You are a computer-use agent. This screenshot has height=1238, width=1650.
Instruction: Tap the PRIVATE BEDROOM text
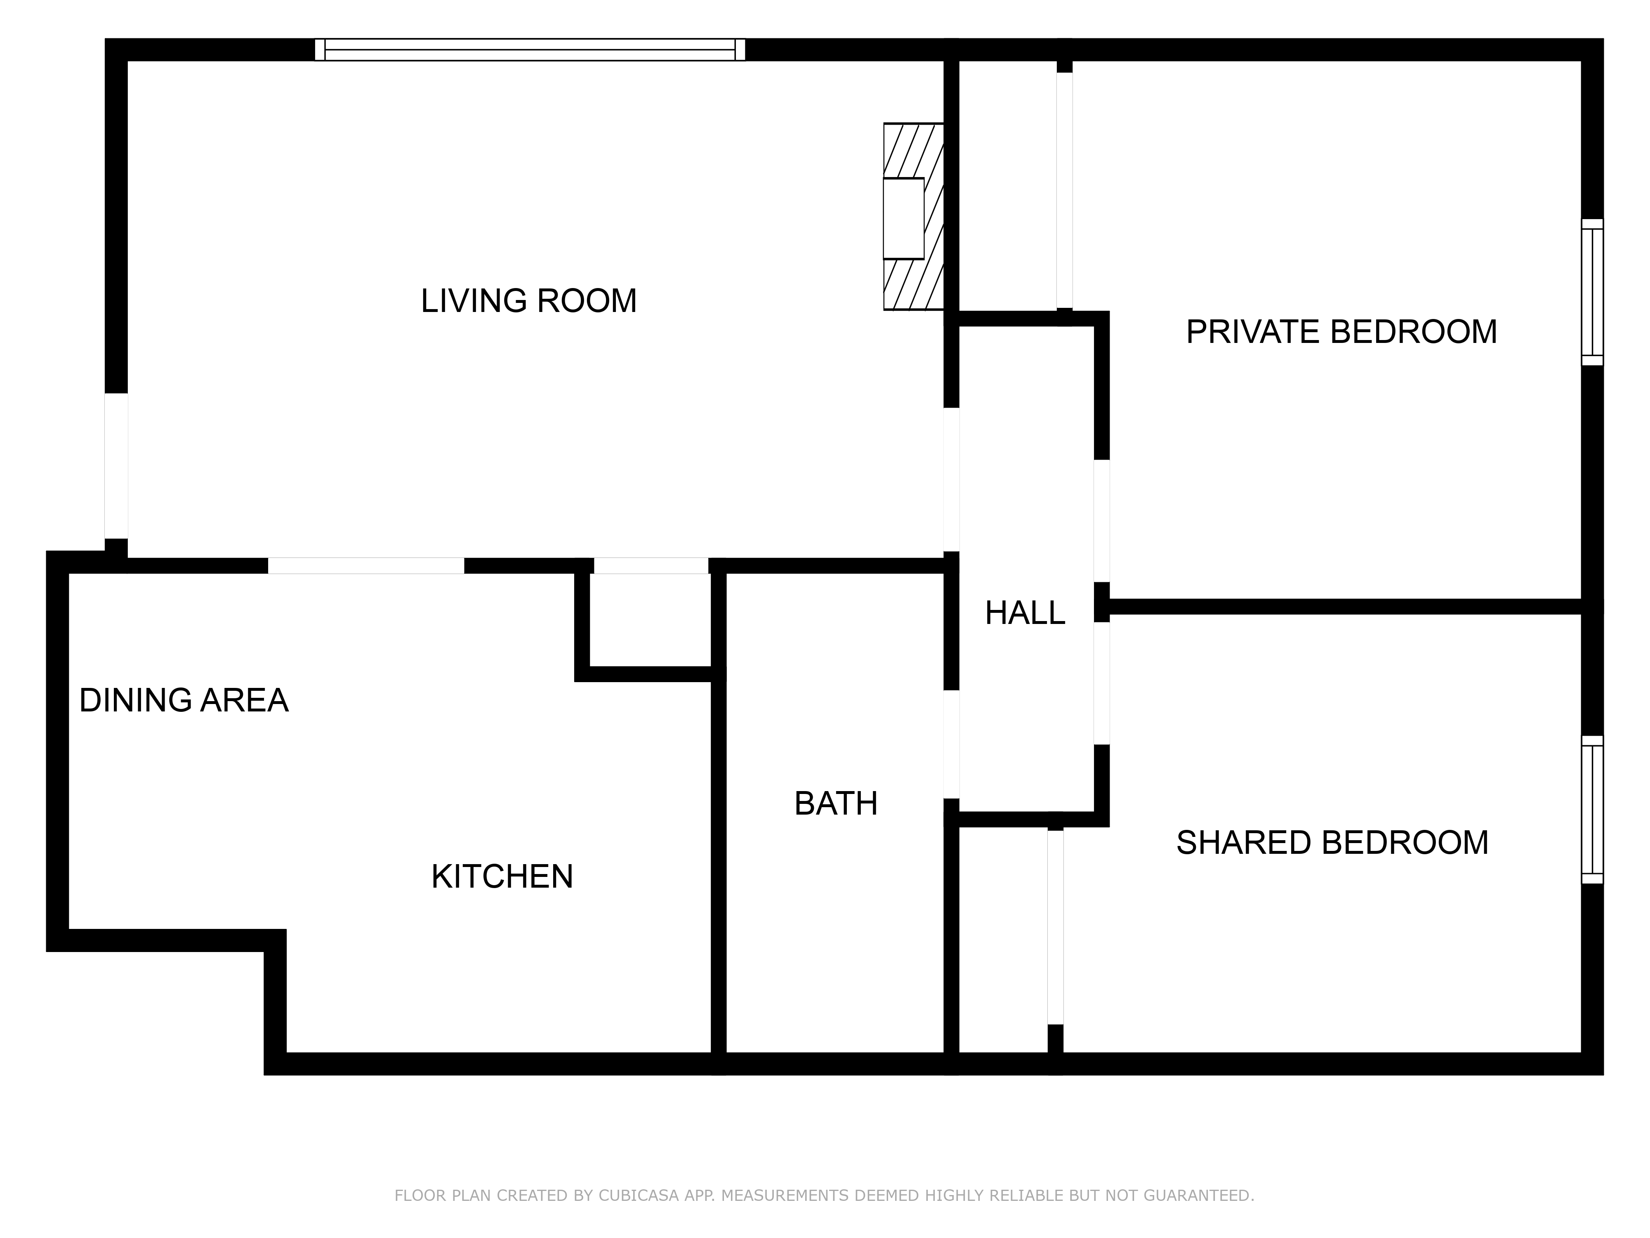click(x=1341, y=332)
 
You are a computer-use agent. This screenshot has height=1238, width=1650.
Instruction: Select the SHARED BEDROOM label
click(x=1332, y=843)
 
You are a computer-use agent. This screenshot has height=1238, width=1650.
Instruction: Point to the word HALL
click(x=1025, y=613)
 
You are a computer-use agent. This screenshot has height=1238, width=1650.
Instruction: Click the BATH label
click(x=835, y=804)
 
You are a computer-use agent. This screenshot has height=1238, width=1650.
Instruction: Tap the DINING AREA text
click(x=184, y=700)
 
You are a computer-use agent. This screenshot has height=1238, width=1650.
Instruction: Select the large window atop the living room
click(x=530, y=49)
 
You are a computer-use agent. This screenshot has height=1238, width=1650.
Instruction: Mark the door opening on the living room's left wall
click(x=115, y=465)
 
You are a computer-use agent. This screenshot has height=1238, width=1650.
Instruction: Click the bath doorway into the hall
click(x=951, y=744)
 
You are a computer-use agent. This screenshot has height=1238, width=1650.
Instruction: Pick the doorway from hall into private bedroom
click(x=1102, y=521)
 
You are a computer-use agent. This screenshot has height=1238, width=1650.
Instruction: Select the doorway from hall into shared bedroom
click(x=1102, y=683)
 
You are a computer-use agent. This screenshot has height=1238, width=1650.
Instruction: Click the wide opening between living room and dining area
click(x=365, y=566)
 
